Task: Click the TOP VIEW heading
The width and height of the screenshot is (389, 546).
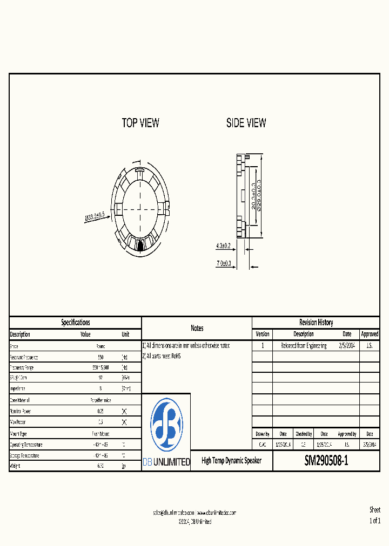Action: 140,123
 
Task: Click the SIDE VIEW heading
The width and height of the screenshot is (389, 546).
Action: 246,123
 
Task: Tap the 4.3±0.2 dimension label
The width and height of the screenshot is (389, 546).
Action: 223,246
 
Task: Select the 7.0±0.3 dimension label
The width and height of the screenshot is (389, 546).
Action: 224,263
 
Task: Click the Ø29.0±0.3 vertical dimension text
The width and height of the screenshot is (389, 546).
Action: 259,197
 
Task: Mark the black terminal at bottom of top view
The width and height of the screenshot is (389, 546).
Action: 140,245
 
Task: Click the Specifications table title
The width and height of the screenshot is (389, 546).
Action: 75,323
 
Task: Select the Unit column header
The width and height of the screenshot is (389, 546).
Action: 125,335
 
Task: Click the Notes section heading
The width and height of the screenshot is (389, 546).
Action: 197,328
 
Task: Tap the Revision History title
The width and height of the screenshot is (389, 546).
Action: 316,323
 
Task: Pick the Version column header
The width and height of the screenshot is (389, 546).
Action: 262,334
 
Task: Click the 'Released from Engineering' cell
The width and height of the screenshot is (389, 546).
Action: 304,345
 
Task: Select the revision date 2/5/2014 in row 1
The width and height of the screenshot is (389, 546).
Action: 347,345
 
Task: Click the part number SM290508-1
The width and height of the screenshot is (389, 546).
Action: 326,461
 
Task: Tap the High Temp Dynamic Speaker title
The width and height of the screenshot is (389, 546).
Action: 231,461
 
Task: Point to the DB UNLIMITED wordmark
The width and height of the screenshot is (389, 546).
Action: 166,462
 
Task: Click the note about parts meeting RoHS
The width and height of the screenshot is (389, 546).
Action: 162,356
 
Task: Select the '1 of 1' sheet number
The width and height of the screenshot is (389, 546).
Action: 374,521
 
